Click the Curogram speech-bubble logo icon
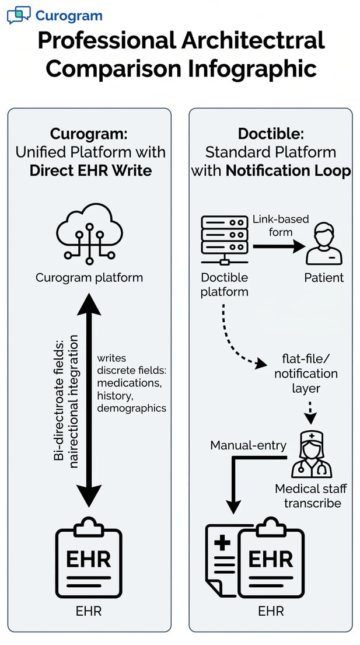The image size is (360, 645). pos(19,15)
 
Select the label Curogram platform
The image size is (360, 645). pos(89,277)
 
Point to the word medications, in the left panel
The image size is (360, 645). pos(130,383)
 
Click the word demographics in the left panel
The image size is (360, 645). pos(131,408)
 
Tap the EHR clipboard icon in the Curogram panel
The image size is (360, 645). pos(88,558)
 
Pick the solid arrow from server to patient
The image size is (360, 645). pos(278,246)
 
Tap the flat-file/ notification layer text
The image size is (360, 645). pos(306,373)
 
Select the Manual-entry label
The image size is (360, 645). pos(248,446)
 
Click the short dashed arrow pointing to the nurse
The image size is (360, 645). pos(311,411)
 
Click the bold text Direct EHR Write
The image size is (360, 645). pos(90,171)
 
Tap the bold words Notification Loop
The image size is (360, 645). pos(288,171)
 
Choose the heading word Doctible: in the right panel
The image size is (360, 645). pos(270,133)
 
